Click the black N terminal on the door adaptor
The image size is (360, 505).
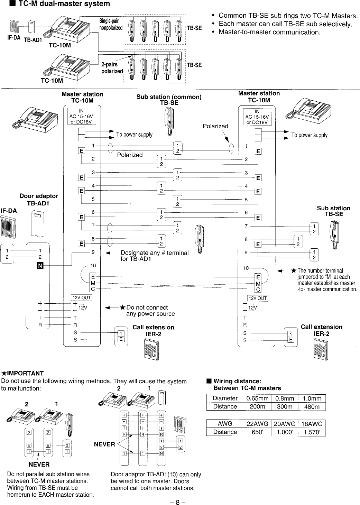[39, 266]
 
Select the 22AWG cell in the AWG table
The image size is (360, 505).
[257, 424]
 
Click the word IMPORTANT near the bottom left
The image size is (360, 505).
[30, 373]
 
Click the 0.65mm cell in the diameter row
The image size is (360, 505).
[257, 398]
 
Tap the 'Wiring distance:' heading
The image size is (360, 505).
[237, 381]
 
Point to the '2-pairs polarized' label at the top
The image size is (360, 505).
[111, 68]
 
